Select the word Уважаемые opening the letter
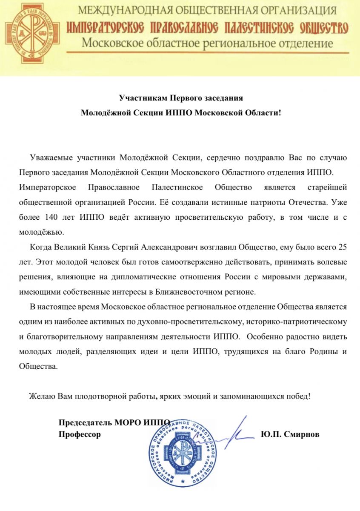point(50,158)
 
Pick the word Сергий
point(127,247)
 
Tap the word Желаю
point(41,396)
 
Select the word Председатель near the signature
point(86,423)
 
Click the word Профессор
point(80,435)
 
